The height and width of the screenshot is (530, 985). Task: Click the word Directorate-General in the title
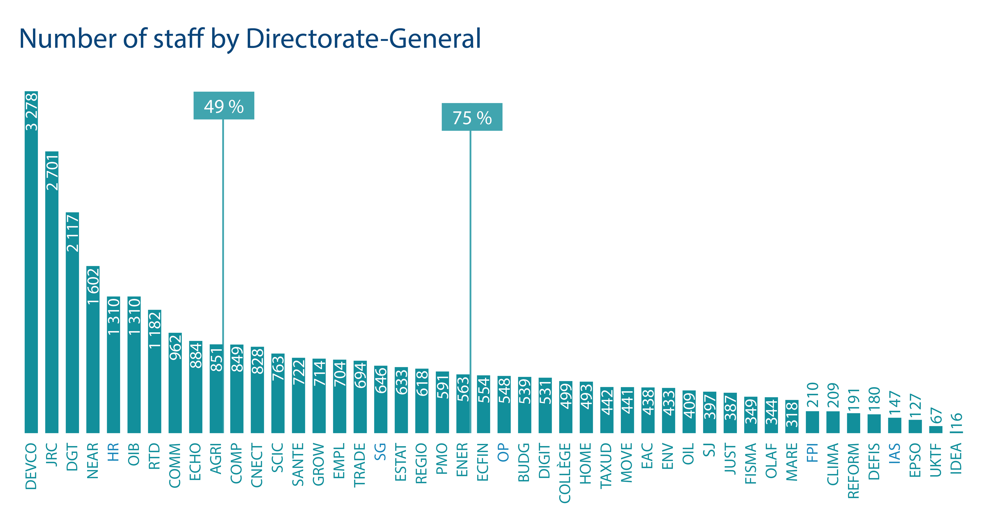363,39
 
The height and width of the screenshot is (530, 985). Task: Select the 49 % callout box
224,106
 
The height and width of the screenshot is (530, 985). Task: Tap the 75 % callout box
472,117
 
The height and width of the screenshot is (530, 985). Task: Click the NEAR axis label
93,461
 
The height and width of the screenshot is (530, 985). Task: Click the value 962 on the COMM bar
175,347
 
